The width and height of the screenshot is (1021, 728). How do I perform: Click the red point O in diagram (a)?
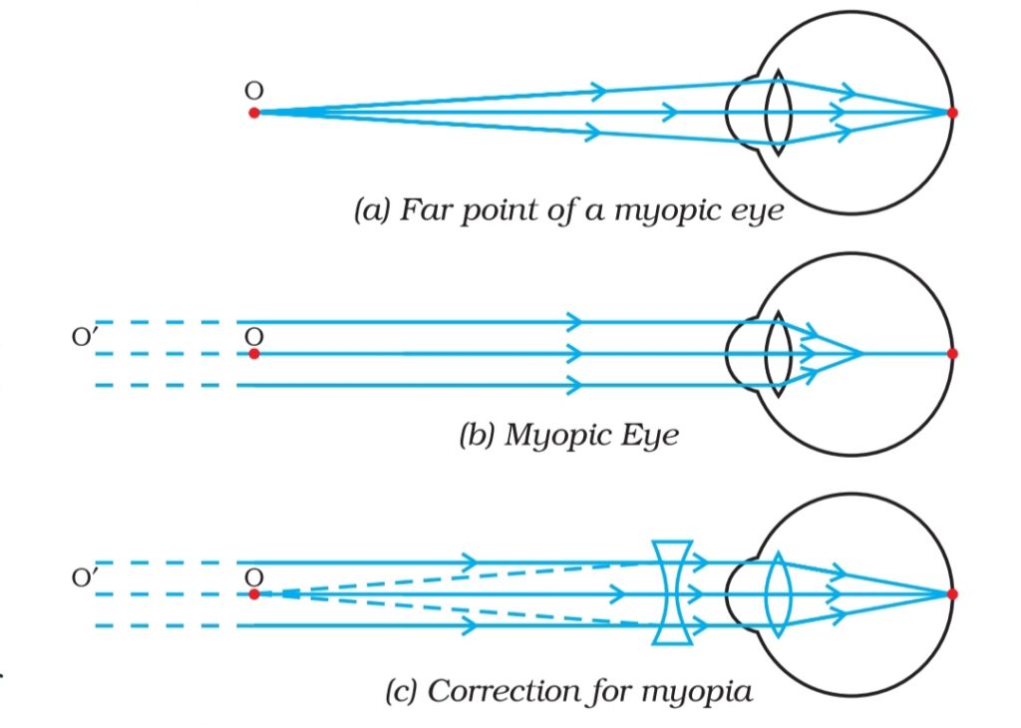[x=254, y=113]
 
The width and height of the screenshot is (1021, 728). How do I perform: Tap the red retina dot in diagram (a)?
[x=952, y=113]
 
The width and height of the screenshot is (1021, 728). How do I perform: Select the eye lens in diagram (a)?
[x=779, y=113]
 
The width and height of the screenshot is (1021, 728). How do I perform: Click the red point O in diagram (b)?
[x=254, y=353]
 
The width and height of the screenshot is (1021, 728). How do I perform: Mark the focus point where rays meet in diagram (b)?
[x=859, y=353]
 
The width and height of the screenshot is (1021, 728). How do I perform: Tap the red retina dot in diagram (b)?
[x=952, y=353]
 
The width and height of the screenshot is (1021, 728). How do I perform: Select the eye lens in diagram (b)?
[x=779, y=353]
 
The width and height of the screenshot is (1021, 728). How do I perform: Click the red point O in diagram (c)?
[x=254, y=593]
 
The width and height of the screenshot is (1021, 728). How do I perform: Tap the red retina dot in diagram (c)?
[x=952, y=593]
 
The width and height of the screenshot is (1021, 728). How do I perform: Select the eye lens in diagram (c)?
[x=779, y=593]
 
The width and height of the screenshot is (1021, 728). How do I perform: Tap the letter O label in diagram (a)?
[x=254, y=90]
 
